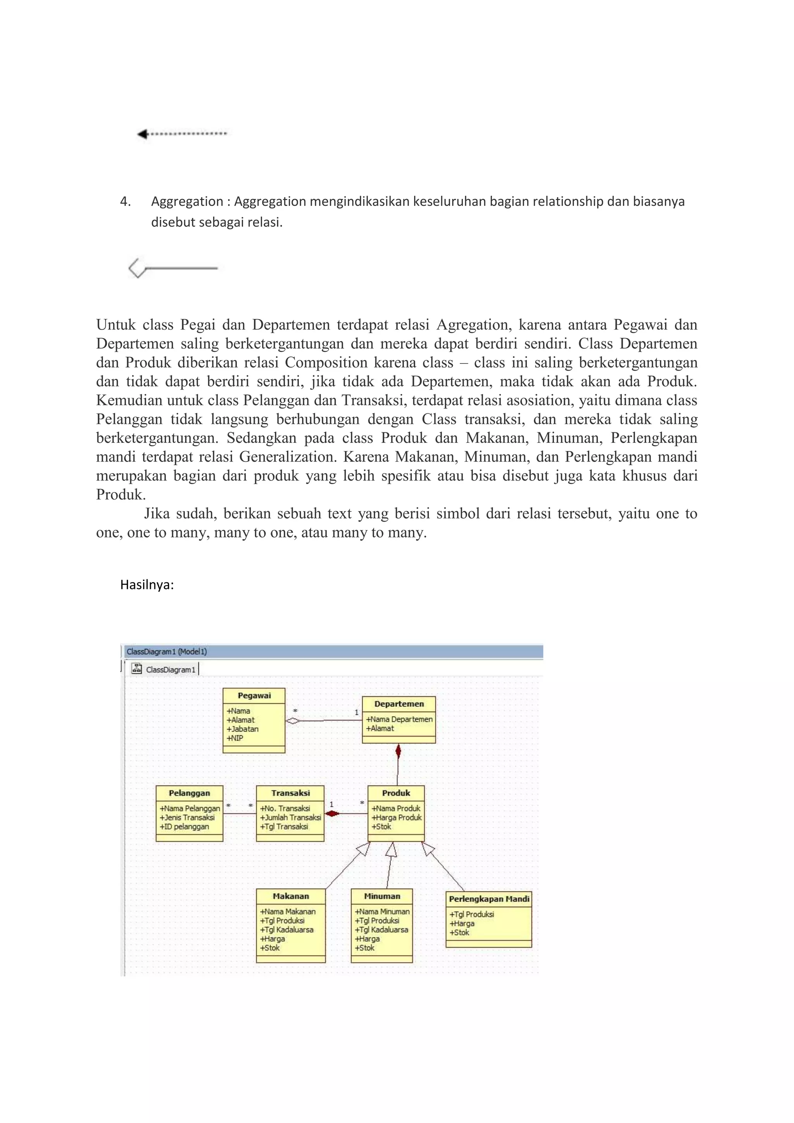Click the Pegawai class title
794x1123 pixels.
pos(254,696)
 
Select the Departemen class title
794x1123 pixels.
pos(399,704)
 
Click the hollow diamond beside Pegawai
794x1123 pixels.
pos(293,720)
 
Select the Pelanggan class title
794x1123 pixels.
pos(189,793)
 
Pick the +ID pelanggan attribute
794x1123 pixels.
pos(184,827)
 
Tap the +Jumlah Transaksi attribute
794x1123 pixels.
pos(290,817)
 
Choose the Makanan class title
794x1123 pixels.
pos(290,896)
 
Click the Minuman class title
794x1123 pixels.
pos(382,896)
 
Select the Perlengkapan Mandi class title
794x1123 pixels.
pos(488,899)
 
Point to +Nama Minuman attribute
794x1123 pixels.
pos(382,912)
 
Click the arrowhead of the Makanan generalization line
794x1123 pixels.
pos(364,848)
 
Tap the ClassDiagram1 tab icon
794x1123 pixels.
pos(137,669)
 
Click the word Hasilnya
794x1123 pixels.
pos(147,585)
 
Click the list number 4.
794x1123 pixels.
pos(125,202)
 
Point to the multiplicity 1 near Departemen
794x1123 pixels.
pos(356,713)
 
